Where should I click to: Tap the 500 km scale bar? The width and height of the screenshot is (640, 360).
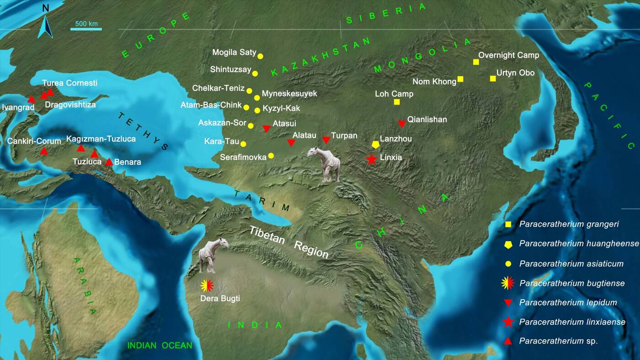click(x=86, y=29)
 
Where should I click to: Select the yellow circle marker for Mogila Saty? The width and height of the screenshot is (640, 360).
click(x=260, y=56)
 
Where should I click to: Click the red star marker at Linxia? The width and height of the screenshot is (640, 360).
click(x=371, y=159)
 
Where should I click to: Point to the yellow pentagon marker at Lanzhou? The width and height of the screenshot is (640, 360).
click(x=375, y=144)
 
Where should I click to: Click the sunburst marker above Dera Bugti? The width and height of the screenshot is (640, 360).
click(x=207, y=286)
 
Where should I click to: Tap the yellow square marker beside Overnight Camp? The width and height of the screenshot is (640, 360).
click(x=476, y=62)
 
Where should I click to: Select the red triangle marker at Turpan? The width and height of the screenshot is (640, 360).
click(x=326, y=140)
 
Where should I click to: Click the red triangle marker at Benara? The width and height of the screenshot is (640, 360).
click(x=109, y=162)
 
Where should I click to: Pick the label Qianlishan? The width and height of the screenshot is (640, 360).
click(x=427, y=120)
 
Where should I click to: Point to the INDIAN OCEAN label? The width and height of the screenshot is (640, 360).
click(x=160, y=345)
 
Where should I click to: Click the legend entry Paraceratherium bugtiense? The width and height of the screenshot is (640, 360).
click(x=571, y=283)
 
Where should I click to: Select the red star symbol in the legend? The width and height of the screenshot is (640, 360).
click(x=508, y=322)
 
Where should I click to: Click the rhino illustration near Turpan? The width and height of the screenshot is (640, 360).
click(x=325, y=164)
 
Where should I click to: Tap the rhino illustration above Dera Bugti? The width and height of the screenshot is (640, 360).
click(x=213, y=254)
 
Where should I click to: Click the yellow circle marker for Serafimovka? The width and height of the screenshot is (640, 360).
click(x=271, y=156)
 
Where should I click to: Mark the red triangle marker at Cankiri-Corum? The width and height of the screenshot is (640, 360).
click(x=43, y=151)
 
